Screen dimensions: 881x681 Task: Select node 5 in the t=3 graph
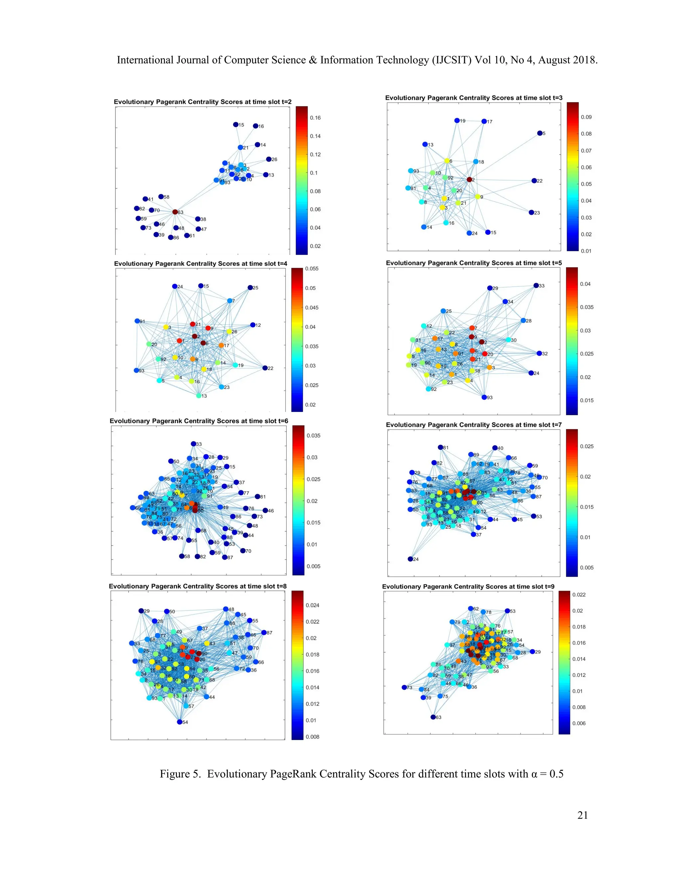tap(540, 133)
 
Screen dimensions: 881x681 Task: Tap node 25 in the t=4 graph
tap(250, 288)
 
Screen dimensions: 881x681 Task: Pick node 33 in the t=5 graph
tap(536, 286)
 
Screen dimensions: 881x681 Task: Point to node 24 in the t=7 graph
tap(410, 559)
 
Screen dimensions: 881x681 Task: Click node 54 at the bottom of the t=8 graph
tap(180, 722)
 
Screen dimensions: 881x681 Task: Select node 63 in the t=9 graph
tap(433, 717)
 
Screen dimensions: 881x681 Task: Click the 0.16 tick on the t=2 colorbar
tap(315, 118)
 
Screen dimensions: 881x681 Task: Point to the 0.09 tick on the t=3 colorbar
tap(586, 117)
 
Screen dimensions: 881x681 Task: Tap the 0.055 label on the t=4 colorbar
tap(312, 269)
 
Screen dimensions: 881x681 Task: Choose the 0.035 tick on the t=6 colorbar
tap(314, 436)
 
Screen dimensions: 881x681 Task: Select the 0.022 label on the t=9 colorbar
tap(579, 595)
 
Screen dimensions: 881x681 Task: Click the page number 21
tap(583, 815)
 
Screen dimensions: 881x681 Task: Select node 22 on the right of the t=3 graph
tap(534, 181)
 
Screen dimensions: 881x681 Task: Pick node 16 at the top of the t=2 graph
tap(255, 126)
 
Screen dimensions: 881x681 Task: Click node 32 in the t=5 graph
tap(539, 353)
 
